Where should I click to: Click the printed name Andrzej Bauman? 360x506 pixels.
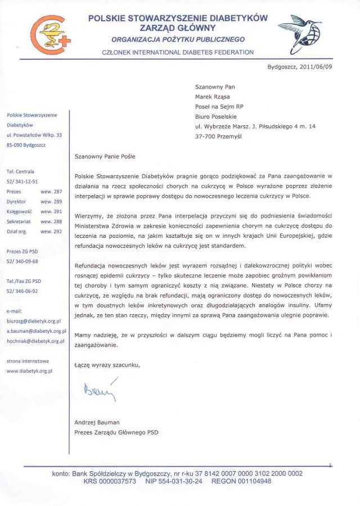[x=97, y=422]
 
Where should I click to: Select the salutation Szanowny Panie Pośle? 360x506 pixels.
[x=105, y=157]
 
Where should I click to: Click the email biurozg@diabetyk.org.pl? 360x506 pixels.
[x=33, y=321]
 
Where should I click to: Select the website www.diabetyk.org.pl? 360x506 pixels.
[x=29, y=371]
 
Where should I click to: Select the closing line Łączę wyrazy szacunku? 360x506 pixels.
[x=107, y=365]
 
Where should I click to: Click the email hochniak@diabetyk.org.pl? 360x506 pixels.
[x=35, y=341]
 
